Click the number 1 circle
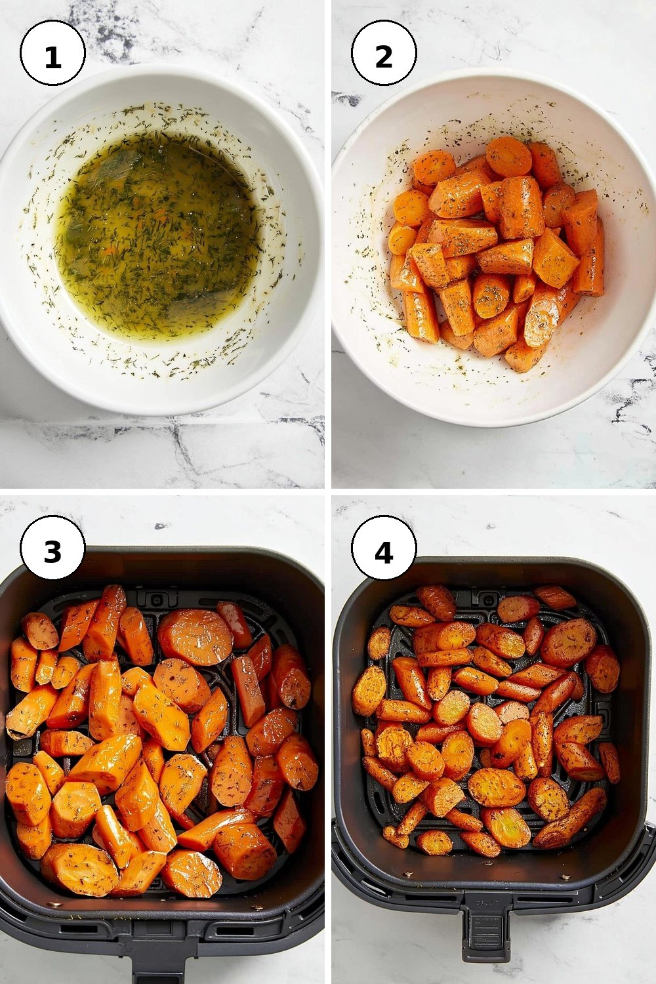tap(52, 52)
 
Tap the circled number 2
tap(384, 52)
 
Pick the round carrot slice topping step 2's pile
tap(509, 156)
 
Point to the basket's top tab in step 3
tap(157, 598)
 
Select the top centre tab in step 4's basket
tap(486, 598)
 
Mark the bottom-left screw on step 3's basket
tap(54, 903)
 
